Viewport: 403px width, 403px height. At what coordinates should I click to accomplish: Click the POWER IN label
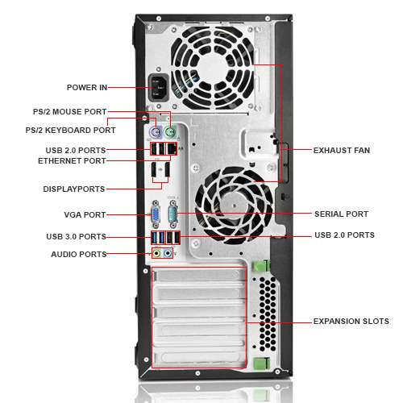pos(85,87)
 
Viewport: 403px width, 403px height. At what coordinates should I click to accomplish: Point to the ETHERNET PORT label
pos(71,160)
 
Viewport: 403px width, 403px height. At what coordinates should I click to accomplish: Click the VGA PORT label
pos(84,214)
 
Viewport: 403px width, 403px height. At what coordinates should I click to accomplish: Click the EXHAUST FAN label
pos(343,150)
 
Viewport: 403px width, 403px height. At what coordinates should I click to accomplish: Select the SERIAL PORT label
pos(341,214)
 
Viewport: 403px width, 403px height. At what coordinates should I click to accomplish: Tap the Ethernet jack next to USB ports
pos(172,149)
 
